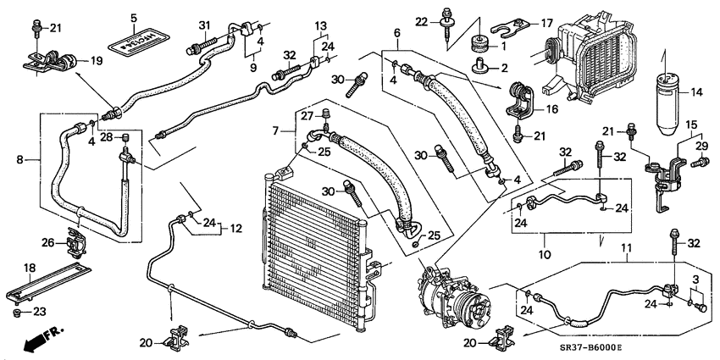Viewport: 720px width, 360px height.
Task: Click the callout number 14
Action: (x=696, y=92)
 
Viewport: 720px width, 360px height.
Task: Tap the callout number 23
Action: (x=39, y=312)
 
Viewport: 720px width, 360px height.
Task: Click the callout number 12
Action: (x=237, y=228)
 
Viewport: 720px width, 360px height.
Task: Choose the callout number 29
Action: (x=701, y=147)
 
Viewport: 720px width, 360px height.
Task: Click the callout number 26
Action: (x=48, y=243)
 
